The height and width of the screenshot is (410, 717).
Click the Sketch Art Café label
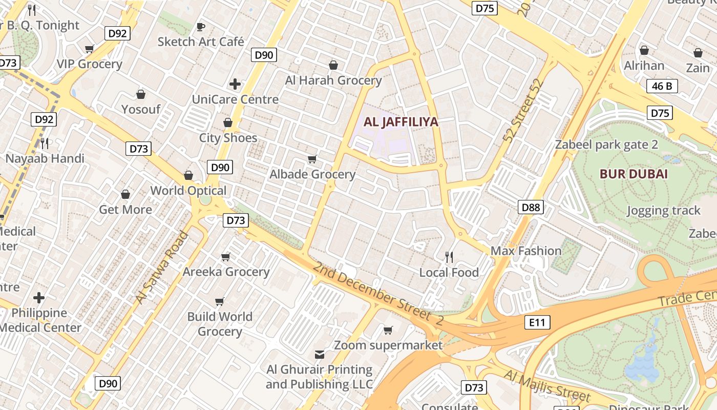[x=201, y=42]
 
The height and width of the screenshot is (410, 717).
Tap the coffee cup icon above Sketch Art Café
[x=201, y=27]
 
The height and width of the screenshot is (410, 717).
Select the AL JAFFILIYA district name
[x=401, y=122]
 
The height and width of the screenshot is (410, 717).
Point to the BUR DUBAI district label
[x=634, y=174]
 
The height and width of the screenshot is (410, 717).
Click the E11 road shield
[x=537, y=322]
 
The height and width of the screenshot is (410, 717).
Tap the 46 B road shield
[x=662, y=86]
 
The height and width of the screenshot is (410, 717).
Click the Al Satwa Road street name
[x=162, y=268]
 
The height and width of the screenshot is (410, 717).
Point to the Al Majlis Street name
[x=546, y=385]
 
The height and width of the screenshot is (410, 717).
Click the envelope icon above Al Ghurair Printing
[x=320, y=355]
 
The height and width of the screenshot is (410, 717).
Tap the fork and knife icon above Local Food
[x=449, y=257]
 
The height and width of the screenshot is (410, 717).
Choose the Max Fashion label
[x=526, y=251]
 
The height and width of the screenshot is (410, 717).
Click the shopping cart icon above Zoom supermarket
[x=388, y=330]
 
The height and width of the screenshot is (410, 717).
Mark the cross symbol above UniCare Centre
[x=235, y=84]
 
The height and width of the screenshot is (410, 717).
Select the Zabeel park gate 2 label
[x=606, y=145]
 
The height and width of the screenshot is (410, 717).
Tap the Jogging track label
[x=663, y=211]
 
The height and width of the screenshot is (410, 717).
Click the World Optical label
[x=188, y=191]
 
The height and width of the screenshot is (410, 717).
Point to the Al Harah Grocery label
[x=333, y=80]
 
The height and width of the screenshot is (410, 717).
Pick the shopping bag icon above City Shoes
[x=228, y=123]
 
